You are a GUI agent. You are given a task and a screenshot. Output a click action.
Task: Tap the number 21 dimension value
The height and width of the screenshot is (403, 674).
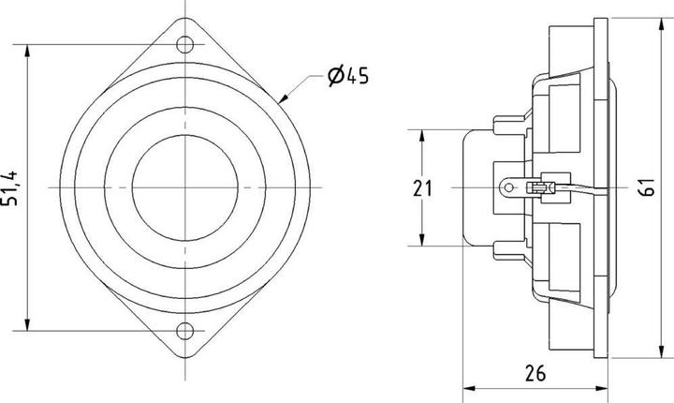[423, 188]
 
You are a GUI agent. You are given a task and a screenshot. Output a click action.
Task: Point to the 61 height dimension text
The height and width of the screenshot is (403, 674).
[647, 188]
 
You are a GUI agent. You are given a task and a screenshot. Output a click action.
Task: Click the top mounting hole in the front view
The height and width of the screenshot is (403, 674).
[187, 44]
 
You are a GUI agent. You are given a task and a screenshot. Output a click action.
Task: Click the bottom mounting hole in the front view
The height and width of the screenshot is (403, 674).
[187, 329]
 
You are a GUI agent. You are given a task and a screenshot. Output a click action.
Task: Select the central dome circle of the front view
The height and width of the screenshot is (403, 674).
[185, 187]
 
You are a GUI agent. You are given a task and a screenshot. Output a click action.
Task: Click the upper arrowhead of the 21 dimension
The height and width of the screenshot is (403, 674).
[423, 134]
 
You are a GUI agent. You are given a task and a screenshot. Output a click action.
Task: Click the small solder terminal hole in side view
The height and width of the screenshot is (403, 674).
[508, 187]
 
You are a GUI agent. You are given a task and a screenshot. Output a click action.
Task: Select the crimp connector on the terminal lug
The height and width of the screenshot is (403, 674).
[539, 187]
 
